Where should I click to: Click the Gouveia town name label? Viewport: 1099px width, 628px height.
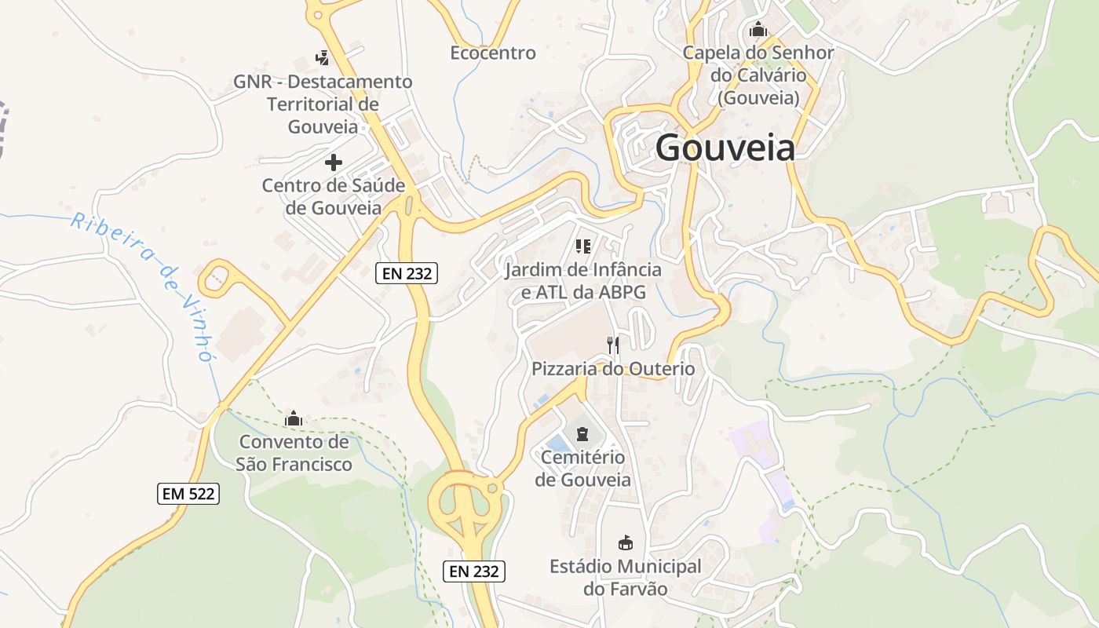click(x=725, y=148)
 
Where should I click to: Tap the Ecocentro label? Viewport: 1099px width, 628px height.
click(x=493, y=53)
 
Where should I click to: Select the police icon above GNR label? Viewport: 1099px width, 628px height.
click(x=322, y=57)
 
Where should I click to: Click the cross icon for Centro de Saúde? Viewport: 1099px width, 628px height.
click(x=334, y=162)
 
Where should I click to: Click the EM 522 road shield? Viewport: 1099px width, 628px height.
click(x=188, y=494)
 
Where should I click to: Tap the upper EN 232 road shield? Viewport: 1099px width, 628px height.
click(x=406, y=273)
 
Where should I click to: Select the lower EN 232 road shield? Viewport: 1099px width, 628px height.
click(x=473, y=571)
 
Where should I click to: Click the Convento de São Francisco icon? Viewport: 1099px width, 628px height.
click(x=294, y=418)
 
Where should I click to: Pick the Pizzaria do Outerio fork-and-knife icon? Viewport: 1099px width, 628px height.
click(x=613, y=345)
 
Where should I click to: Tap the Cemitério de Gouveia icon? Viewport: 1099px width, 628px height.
click(x=582, y=434)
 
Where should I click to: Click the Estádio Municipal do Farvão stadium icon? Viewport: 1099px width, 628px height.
click(x=626, y=542)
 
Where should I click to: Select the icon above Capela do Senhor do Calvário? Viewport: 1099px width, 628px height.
click(x=758, y=30)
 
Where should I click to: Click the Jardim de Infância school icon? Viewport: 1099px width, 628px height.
click(x=582, y=246)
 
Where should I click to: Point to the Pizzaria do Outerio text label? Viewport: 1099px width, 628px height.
click(x=613, y=369)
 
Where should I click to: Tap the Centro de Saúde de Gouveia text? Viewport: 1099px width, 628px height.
click(x=334, y=197)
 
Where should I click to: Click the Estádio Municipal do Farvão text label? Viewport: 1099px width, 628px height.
click(x=626, y=578)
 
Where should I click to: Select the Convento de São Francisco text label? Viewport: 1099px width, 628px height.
click(x=294, y=453)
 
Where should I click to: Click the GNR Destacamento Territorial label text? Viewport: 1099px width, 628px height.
click(x=323, y=104)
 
